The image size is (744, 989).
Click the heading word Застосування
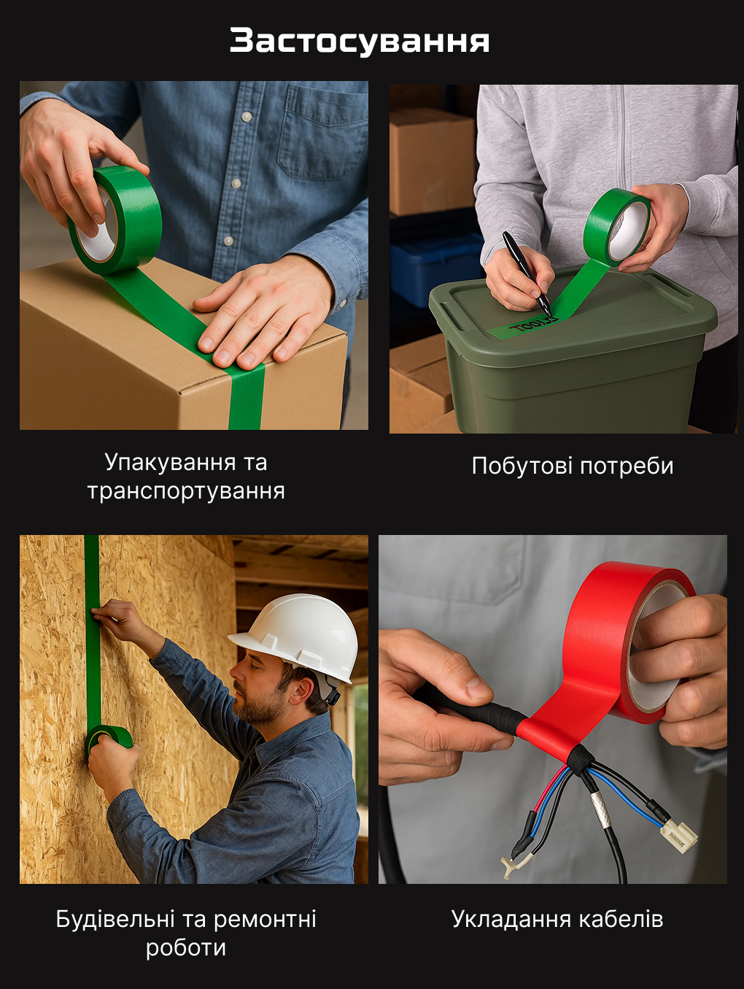359,42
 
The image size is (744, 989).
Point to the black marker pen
527,273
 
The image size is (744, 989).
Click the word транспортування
186,491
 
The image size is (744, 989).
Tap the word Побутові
522,466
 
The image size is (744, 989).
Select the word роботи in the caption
186,948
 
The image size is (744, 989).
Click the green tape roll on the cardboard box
115,220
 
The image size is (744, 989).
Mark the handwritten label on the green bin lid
531,327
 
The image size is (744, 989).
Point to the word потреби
627,466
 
